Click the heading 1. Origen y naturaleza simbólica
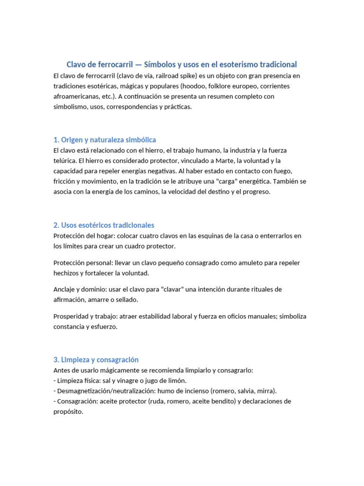pyautogui.click(x=105, y=140)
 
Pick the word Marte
pyautogui.click(x=222, y=160)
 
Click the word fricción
pyautogui.click(x=64, y=181)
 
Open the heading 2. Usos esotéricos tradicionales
pyautogui.click(x=104, y=225)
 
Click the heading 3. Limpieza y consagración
pyautogui.click(x=96, y=360)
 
